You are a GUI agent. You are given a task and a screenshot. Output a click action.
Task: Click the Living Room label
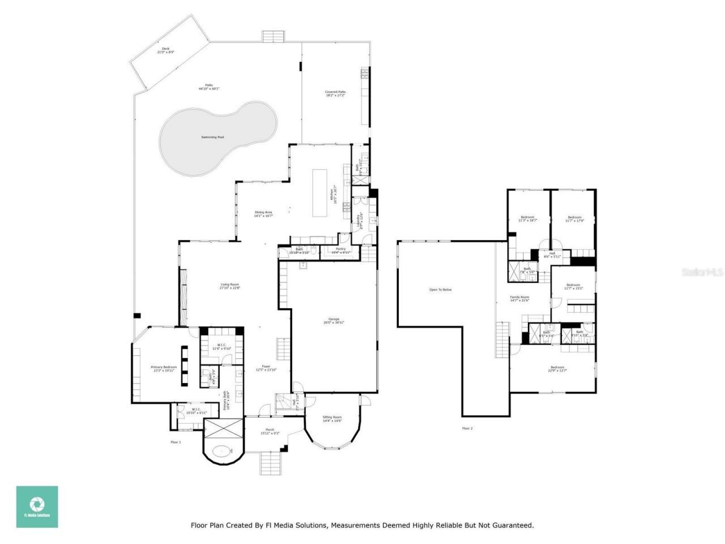pyautogui.click(x=230, y=286)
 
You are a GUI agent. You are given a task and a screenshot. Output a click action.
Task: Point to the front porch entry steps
pyautogui.click(x=270, y=464)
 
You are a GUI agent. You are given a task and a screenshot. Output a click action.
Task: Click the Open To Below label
pyautogui.click(x=440, y=290)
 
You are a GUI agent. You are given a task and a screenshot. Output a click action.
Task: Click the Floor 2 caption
pyautogui.click(x=467, y=428)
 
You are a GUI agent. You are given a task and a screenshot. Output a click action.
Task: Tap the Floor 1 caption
pyautogui.click(x=176, y=442)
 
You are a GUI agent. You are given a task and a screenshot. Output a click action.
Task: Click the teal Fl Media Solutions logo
pyautogui.click(x=37, y=507)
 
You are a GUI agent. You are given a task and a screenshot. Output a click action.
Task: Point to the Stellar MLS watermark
pyautogui.click(x=702, y=273)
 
